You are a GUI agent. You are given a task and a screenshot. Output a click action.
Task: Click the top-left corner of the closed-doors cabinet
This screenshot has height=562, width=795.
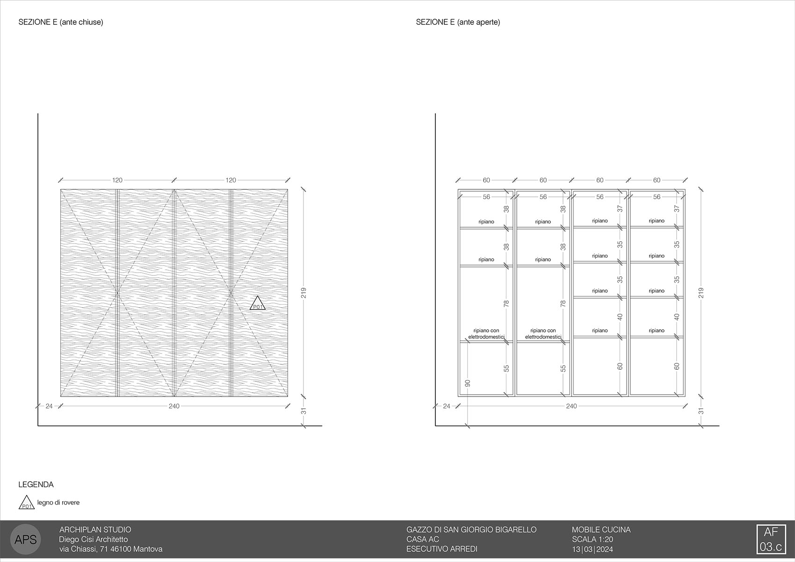click(61, 189)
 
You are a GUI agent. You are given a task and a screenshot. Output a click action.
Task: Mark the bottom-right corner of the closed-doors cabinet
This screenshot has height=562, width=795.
click(288, 396)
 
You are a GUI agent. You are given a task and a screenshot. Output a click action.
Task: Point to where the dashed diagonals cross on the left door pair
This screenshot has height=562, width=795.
click(117, 293)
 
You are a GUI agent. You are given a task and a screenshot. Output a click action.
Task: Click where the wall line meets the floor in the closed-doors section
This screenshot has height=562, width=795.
click(38, 425)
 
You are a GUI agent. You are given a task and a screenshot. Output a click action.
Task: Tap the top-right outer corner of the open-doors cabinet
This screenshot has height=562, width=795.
click(685, 189)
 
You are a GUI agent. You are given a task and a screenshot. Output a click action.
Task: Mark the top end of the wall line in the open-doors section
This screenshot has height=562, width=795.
click(435, 114)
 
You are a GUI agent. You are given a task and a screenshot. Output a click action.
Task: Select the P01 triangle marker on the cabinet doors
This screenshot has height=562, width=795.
click(258, 304)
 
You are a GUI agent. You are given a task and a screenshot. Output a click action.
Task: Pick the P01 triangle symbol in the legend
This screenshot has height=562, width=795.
click(27, 503)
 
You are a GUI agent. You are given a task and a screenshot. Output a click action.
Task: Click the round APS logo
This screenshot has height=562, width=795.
click(26, 539)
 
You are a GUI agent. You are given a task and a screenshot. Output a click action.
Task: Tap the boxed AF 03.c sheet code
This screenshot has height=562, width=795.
click(771, 539)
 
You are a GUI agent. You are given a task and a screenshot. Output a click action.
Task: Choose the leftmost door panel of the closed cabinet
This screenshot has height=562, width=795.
click(89, 293)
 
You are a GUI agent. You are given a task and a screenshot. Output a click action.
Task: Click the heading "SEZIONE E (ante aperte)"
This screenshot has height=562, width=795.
click(458, 22)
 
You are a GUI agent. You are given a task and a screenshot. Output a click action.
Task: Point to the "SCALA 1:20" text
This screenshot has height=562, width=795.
click(593, 539)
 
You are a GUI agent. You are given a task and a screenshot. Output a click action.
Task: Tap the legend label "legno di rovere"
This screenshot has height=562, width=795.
click(58, 503)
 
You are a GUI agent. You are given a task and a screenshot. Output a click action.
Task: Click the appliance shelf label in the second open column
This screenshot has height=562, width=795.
click(543, 334)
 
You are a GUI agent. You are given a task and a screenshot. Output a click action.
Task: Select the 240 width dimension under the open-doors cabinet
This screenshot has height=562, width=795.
click(571, 406)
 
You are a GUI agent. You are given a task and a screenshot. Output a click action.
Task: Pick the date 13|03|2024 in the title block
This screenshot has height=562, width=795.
click(593, 549)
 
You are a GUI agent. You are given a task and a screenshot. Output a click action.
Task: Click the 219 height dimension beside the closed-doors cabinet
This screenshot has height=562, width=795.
click(304, 293)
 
